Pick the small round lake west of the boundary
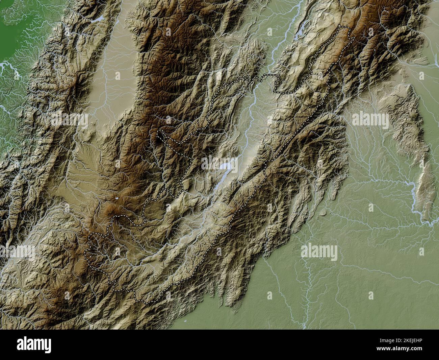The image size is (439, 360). coord(116,199)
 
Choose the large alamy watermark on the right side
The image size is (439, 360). coord(370,119)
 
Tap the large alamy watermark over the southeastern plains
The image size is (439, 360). coord(319,252)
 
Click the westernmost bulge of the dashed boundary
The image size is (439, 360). coord(86,252)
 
